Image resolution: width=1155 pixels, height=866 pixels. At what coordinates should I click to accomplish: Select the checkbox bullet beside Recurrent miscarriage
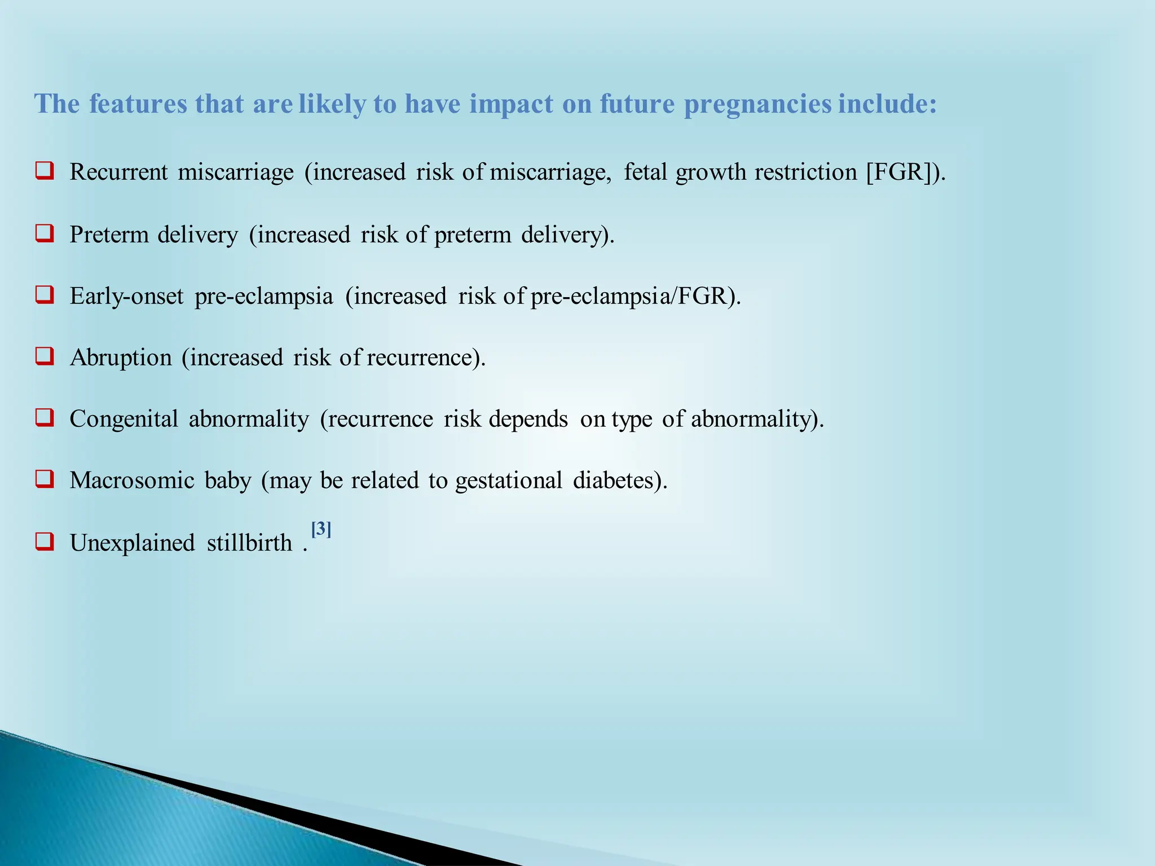(x=45, y=170)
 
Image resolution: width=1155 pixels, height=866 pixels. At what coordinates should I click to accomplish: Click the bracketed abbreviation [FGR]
(x=899, y=172)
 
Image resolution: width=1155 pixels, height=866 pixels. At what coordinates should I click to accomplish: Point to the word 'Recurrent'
(x=118, y=172)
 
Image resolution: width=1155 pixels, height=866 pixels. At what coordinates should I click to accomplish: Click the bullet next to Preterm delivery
(x=45, y=233)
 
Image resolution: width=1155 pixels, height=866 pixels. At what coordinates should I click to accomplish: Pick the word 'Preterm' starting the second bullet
(x=108, y=235)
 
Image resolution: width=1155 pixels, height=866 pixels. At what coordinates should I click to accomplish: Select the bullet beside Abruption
(x=45, y=356)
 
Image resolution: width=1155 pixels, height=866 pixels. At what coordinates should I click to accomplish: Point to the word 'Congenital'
(x=124, y=419)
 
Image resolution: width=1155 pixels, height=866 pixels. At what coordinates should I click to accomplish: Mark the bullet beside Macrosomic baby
(x=45, y=479)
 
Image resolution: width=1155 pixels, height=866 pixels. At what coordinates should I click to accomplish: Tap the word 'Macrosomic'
(x=132, y=480)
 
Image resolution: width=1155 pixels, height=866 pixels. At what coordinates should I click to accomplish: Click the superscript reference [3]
(x=321, y=529)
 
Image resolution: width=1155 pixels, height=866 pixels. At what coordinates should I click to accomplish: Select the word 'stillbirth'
(x=249, y=543)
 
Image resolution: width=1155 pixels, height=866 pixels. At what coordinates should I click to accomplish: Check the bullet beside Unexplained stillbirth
(x=45, y=541)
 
